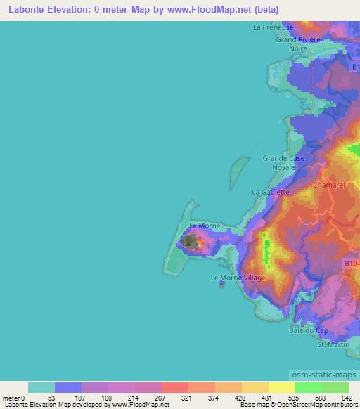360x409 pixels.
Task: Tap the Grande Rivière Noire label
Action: (297, 44)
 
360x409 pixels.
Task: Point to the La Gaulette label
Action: (271, 191)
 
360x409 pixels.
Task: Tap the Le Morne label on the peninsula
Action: (205, 226)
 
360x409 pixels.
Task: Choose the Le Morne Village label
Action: (238, 278)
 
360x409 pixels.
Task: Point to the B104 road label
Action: (352, 263)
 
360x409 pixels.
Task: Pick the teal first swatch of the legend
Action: (41, 387)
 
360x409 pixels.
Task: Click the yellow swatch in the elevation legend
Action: (281, 387)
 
